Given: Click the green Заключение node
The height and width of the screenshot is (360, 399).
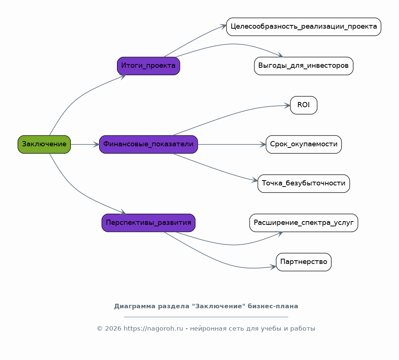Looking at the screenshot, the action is click(x=44, y=144).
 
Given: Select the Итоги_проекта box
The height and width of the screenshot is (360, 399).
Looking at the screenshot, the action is click(x=148, y=66).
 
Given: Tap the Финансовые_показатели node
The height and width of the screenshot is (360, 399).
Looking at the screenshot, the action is click(x=148, y=144).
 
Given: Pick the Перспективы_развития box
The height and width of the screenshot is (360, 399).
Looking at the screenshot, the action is click(x=148, y=223).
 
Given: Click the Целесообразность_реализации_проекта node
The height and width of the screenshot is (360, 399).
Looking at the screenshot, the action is click(x=304, y=27).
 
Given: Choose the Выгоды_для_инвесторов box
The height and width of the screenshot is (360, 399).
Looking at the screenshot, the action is click(x=304, y=66).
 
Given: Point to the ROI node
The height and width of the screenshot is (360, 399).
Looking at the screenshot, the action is click(x=304, y=105).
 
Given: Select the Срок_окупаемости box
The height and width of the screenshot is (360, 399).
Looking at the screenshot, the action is click(x=304, y=144).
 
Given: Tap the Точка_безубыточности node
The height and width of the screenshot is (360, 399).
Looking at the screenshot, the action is click(x=304, y=184).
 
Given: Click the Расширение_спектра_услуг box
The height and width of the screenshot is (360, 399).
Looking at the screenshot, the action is click(x=304, y=223).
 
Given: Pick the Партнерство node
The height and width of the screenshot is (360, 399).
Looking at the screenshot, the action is click(x=304, y=262).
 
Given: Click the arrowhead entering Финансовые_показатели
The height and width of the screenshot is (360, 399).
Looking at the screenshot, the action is click(x=96, y=144).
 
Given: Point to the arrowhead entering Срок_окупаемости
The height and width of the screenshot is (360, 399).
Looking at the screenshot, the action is click(x=263, y=144).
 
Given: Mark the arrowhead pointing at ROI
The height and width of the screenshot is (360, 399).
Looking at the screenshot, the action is click(x=287, y=105).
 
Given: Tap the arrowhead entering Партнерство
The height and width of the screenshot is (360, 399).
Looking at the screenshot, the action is click(x=273, y=267).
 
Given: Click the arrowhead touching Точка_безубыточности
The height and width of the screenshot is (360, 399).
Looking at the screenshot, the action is click(x=255, y=180).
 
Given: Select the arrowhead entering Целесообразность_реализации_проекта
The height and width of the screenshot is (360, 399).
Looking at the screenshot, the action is click(x=224, y=26).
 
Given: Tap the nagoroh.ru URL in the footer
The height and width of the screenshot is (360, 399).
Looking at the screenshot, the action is click(x=153, y=328).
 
